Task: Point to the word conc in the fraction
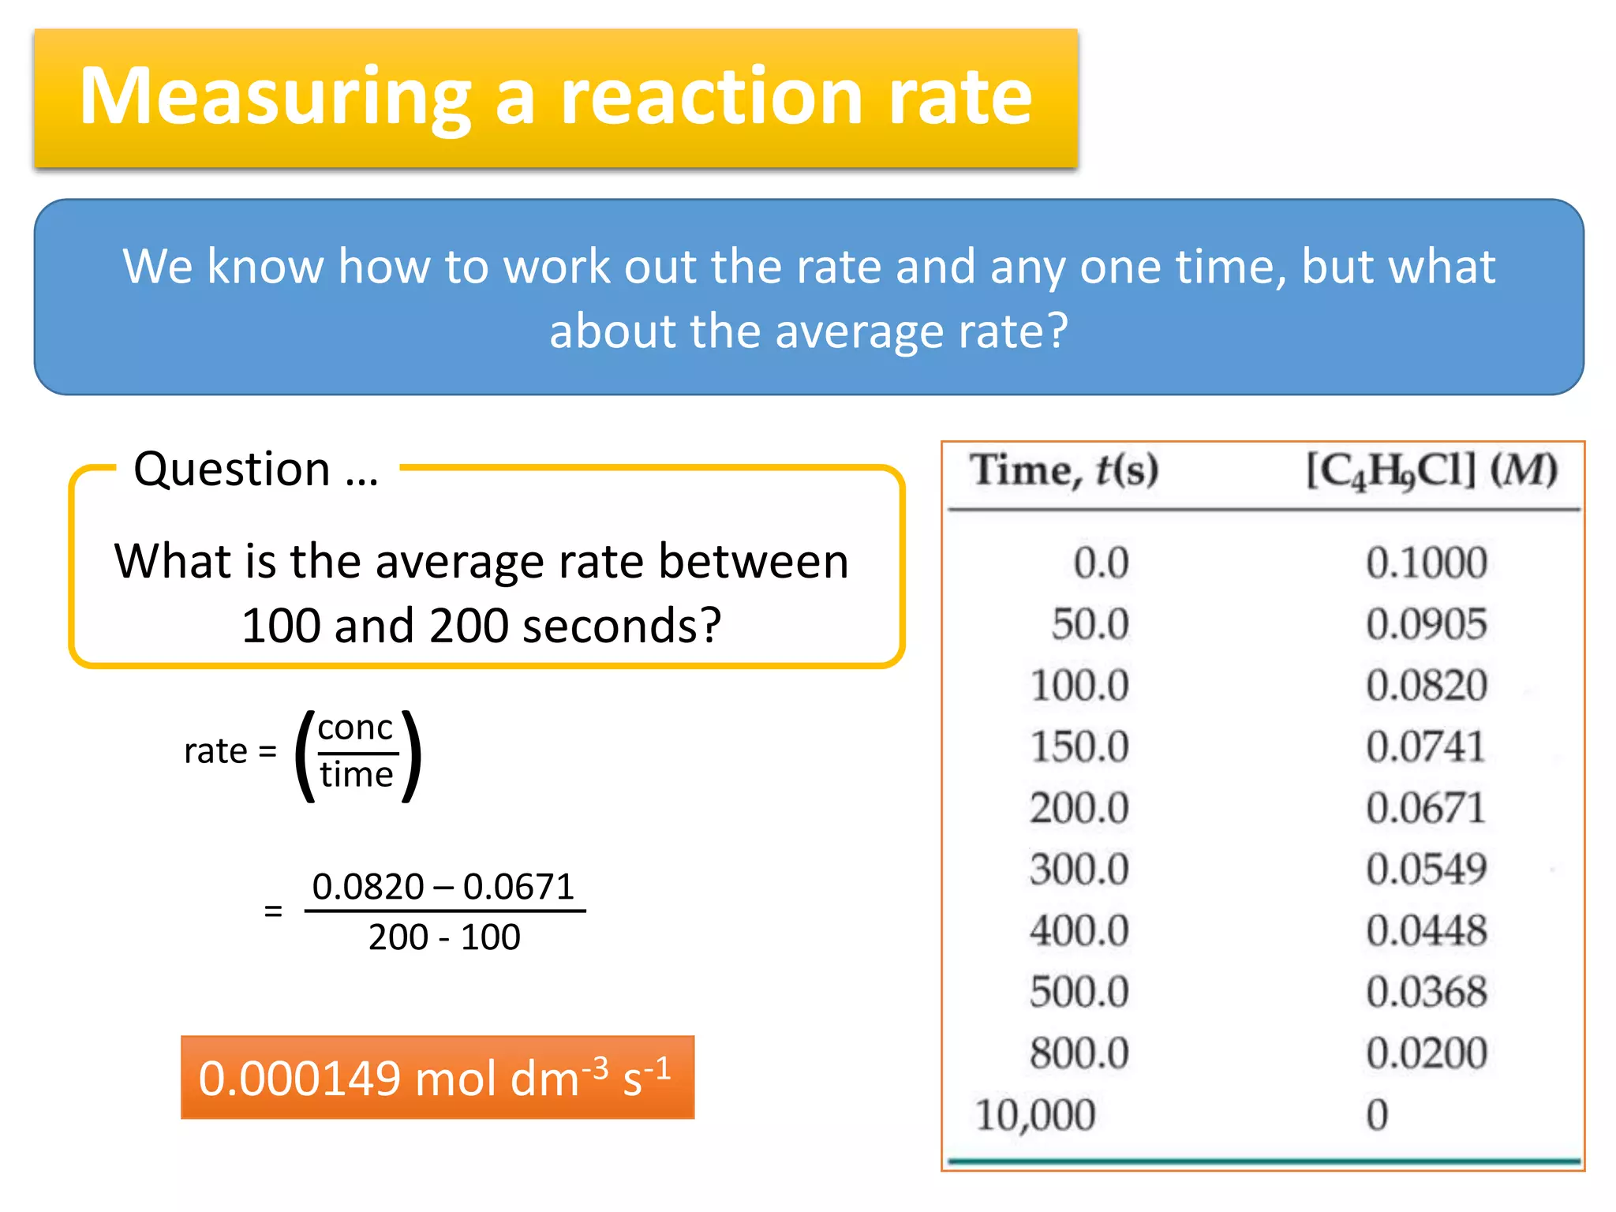tap(355, 727)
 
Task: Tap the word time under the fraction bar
tap(357, 775)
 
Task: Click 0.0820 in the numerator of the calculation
tap(368, 887)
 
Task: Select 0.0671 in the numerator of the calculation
tap(518, 887)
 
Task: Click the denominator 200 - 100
tap(444, 937)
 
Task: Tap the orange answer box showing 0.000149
tap(437, 1078)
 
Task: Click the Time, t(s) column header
tap(1064, 471)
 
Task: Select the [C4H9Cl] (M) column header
tap(1431, 471)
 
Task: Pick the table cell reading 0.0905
tap(1426, 624)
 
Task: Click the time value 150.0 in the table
tap(1079, 746)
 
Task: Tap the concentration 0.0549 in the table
tap(1426, 869)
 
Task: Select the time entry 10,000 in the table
tap(1034, 1115)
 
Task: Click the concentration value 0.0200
tap(1426, 1053)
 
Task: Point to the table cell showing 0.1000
tap(1426, 563)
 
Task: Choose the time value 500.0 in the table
tap(1079, 992)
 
